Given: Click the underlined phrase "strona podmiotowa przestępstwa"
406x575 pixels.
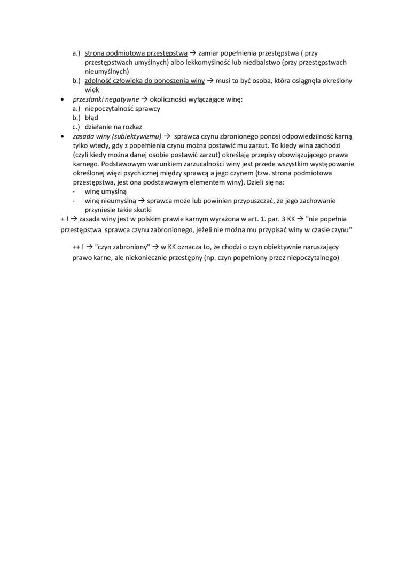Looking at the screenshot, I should click(x=136, y=53).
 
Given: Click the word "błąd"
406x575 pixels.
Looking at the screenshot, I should click(x=92, y=117).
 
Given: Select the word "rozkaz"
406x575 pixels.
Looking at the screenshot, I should click(x=136, y=126).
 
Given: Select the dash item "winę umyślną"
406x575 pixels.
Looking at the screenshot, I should click(x=106, y=191).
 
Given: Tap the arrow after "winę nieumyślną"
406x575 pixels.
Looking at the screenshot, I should click(x=142, y=201).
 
